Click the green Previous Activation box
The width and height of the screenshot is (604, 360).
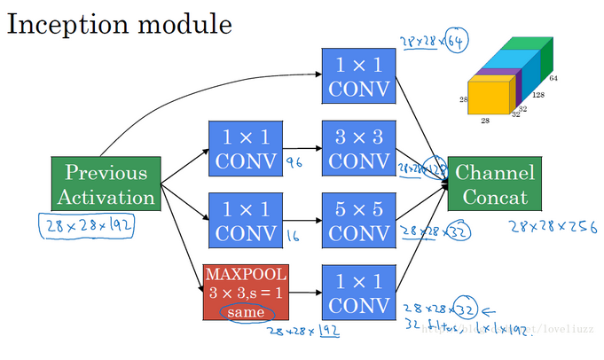tap(106, 184)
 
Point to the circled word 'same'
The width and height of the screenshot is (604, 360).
tap(241, 313)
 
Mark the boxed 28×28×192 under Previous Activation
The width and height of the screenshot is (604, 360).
tap(87, 225)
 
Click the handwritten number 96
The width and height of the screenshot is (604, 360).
tap(294, 163)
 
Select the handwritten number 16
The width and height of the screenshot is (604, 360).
tap(293, 235)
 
